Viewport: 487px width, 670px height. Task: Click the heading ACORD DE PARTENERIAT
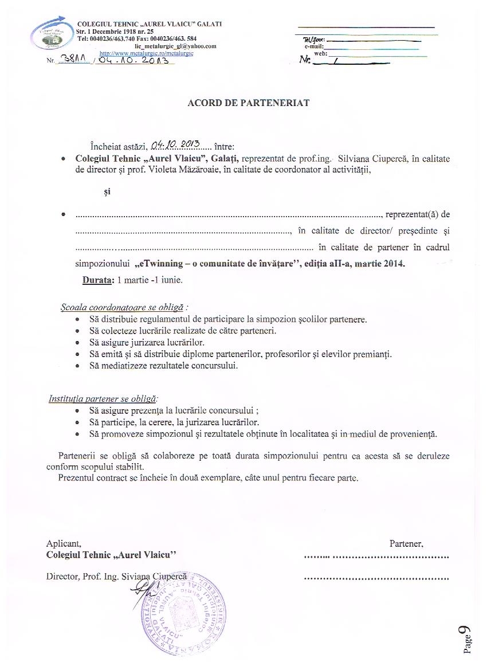click(249, 103)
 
